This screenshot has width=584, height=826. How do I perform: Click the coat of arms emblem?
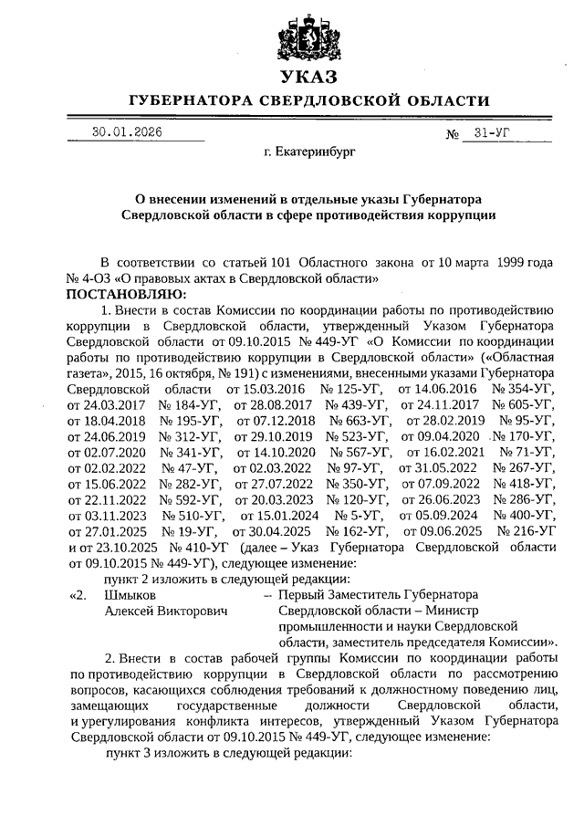(302, 37)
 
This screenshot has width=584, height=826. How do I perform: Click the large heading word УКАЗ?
(302, 76)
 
